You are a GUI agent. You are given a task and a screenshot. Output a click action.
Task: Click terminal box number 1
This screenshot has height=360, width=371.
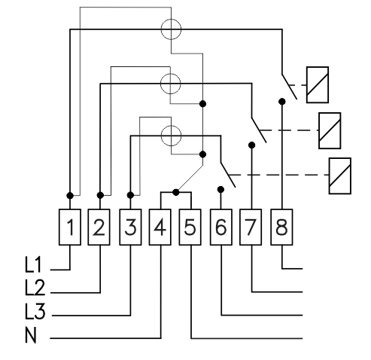coord(70,227)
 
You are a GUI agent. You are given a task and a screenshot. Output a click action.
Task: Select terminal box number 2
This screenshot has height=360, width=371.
coord(99,227)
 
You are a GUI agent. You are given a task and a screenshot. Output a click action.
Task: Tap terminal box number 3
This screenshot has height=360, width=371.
coord(130,227)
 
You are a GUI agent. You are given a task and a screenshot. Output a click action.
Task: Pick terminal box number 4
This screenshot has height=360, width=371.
coord(160,227)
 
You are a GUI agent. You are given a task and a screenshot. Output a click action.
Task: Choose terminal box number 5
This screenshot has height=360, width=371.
coord(190,227)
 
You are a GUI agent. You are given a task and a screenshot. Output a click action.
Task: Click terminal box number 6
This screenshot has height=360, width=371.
coord(221,227)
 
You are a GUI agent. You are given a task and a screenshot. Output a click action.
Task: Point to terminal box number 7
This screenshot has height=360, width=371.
coord(251,227)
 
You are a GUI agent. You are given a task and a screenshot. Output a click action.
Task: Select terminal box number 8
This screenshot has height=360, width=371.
coord(281,227)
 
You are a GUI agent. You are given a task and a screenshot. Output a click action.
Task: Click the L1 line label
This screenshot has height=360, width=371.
coord(33,264)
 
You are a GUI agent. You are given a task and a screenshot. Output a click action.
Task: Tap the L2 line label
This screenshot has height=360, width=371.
coord(35,287)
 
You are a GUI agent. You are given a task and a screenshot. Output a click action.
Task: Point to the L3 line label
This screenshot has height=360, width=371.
coord(35,311)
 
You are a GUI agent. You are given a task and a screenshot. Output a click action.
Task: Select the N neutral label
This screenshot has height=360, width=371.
coord(31,334)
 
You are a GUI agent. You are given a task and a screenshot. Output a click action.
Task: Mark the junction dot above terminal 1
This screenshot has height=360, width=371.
coord(70,195)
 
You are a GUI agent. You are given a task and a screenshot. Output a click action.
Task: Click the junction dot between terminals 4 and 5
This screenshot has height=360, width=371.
coord(176,192)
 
